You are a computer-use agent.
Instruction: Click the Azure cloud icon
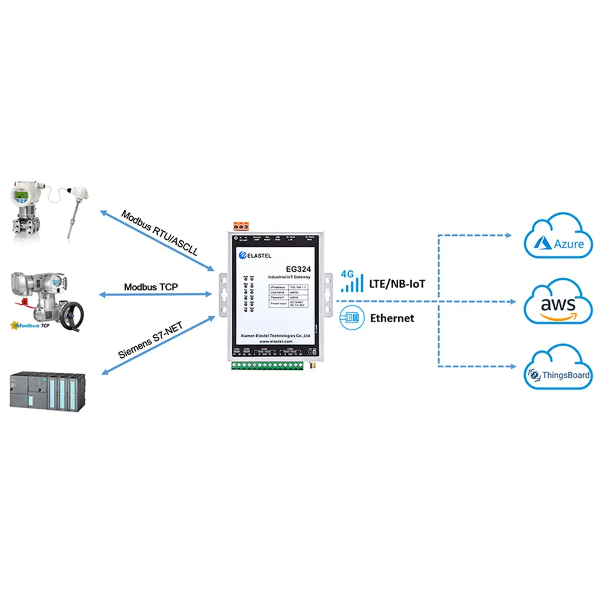point(558,236)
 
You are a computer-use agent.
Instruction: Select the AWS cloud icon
point(558,303)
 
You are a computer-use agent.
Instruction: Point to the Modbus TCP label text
point(151,287)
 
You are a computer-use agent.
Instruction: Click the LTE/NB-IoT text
point(397,284)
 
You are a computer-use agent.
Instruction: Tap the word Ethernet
point(392,318)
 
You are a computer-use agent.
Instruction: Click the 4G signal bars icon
point(352,282)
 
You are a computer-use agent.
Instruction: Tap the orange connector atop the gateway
point(241,226)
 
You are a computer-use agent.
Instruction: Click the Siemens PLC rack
point(46,389)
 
